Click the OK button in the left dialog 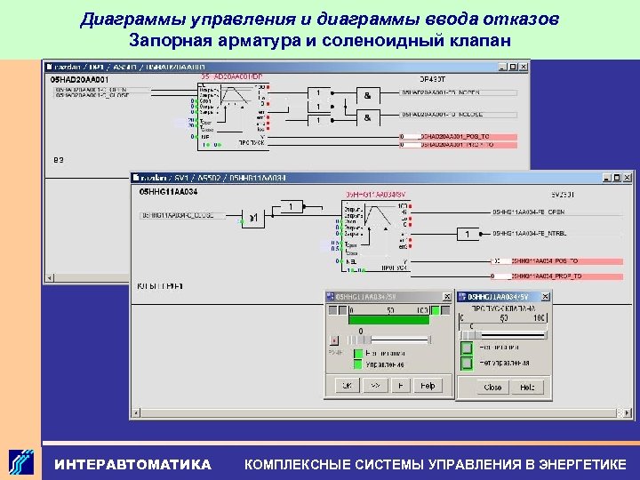pyautogui.click(x=346, y=386)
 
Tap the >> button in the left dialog pyautogui.click(x=373, y=386)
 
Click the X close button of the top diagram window pyautogui.click(x=521, y=67)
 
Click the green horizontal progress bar pyautogui.click(x=390, y=320)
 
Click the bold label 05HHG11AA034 pyautogui.click(x=168, y=192)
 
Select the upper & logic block pyautogui.click(x=366, y=93)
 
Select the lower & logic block pyautogui.click(x=366, y=116)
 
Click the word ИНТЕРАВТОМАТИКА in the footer pyautogui.click(x=133, y=464)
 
